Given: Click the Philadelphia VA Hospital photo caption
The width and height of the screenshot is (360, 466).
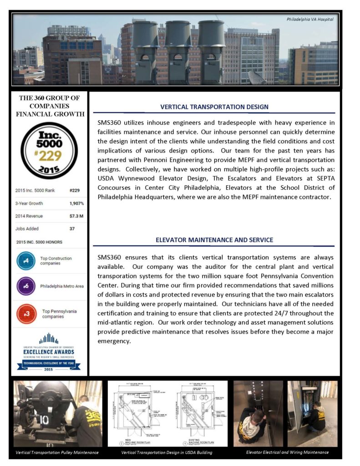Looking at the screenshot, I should [310, 19].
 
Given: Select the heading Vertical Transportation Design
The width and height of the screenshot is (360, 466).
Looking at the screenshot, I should [214, 107].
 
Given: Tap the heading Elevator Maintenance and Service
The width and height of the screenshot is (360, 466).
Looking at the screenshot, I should [214, 240].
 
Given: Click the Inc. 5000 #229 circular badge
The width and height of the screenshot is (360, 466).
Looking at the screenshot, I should [49, 150].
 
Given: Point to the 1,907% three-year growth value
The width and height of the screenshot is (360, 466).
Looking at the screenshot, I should [76, 203].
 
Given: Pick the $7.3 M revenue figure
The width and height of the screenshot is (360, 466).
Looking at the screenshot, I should [76, 216].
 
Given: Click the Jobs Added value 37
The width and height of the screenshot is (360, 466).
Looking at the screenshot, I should [72, 228].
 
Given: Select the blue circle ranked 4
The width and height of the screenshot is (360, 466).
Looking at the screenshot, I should [26, 261].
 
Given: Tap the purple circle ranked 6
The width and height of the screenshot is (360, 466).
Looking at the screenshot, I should [26, 286].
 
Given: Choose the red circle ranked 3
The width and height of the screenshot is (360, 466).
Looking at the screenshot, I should [26, 314].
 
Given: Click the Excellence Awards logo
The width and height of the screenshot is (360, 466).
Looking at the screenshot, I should [49, 352].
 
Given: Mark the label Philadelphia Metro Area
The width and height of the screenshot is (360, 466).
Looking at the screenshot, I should [62, 286].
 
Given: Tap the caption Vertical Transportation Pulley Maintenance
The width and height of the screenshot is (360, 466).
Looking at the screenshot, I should [57, 453].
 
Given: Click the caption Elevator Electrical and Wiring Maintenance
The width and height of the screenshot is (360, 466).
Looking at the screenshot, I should [287, 452].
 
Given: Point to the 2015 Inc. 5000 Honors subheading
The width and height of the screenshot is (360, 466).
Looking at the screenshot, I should [39, 242].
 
